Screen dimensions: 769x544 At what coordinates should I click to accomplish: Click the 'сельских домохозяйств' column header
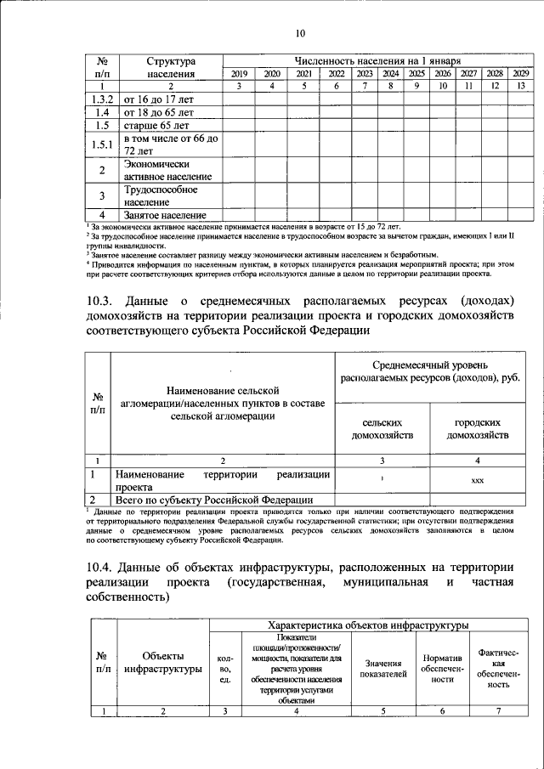point(382,428)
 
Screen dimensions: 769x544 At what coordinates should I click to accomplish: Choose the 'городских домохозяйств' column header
point(477,428)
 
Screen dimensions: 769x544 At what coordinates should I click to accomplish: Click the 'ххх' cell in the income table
point(477,480)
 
